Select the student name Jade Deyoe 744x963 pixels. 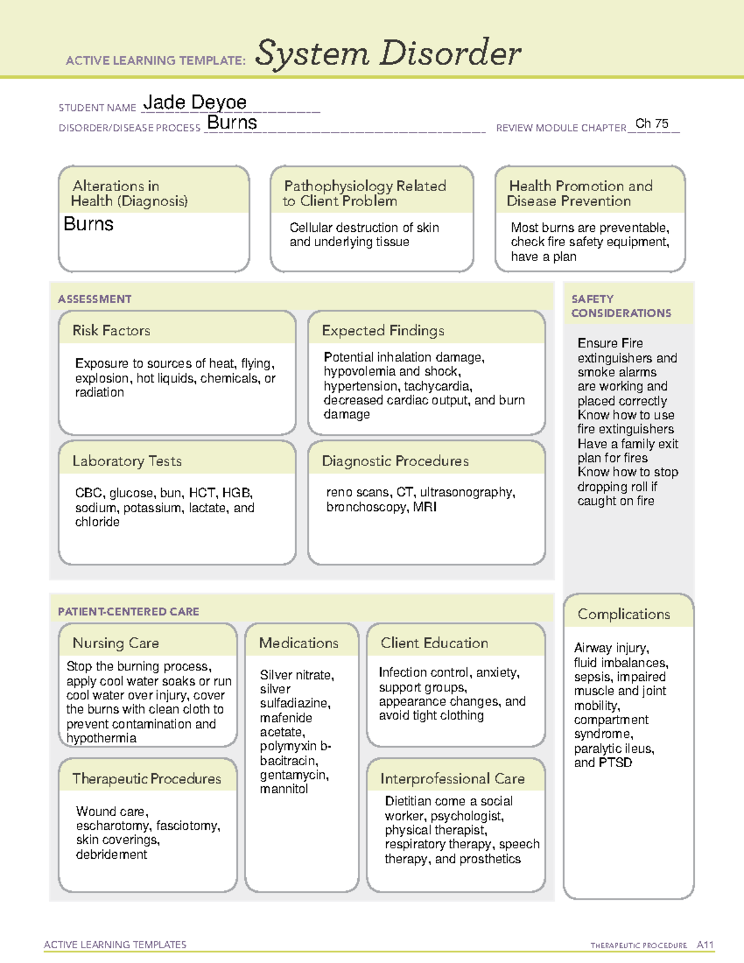tap(195, 102)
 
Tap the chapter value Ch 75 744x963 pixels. tap(652, 123)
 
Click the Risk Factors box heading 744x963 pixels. tap(111, 331)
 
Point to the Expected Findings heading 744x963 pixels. tap(383, 331)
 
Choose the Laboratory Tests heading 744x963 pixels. tap(126, 461)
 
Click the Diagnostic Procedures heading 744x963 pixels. tap(395, 461)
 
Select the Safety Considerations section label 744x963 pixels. tap(621, 306)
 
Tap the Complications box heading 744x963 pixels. tap(623, 614)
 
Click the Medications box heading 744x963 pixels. tap(298, 643)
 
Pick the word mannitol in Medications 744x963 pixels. tap(284, 789)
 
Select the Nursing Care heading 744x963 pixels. tap(115, 643)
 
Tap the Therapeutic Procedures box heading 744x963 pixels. tap(146, 778)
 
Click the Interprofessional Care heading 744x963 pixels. tap(452, 778)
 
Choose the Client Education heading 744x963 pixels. tap(434, 643)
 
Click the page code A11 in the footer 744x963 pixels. tap(705, 944)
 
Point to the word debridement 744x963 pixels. tap(112, 854)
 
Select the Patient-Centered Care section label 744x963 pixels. tap(128, 611)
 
